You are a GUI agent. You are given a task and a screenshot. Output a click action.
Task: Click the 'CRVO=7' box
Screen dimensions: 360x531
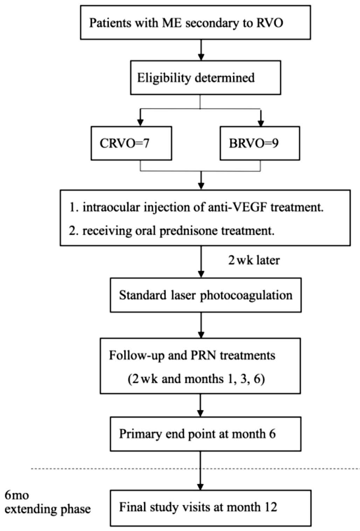tap(131, 143)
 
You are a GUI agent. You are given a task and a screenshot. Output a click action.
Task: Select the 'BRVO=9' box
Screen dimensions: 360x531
tap(260, 143)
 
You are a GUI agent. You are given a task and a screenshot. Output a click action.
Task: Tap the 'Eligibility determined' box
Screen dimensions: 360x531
tap(206, 78)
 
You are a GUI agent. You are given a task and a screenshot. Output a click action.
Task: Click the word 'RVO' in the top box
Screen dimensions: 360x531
tap(269, 23)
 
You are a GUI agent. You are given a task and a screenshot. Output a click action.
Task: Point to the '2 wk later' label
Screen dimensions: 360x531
tap(254, 260)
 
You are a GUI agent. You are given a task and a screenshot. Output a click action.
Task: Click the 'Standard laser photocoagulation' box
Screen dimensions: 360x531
tap(206, 295)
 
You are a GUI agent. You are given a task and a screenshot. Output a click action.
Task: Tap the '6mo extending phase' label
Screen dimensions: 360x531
tap(47, 502)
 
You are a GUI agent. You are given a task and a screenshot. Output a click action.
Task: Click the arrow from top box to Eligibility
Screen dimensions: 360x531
tap(201, 50)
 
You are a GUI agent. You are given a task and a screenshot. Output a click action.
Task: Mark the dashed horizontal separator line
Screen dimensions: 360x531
tap(195, 469)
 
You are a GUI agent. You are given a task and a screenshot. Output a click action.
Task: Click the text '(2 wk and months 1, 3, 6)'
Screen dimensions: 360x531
tap(196, 379)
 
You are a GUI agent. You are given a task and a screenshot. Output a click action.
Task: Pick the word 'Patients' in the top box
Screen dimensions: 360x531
tap(110, 23)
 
